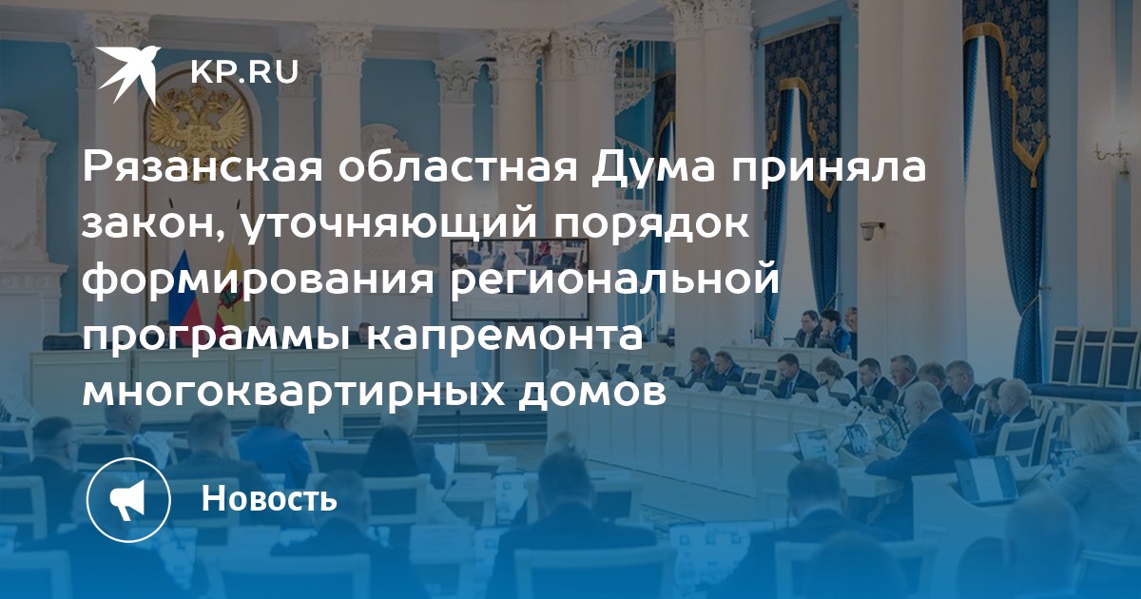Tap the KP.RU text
pyautogui.click(x=244, y=72)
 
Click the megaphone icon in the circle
pyautogui.click(x=128, y=500)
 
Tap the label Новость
pyautogui.click(x=269, y=498)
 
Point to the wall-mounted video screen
pyautogui.click(x=518, y=280)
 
